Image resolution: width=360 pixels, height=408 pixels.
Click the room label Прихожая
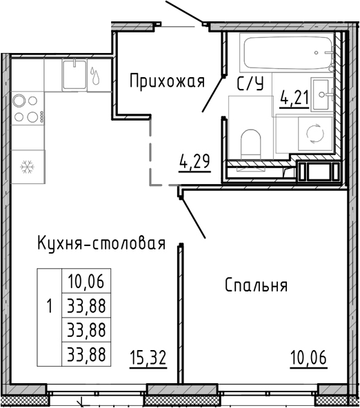168,82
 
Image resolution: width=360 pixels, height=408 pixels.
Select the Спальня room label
257,285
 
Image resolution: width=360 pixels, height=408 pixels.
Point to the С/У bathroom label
250,85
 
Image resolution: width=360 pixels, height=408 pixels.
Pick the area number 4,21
294,101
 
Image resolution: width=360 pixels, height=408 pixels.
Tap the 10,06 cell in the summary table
86,280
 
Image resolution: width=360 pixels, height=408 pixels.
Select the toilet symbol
251,143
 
